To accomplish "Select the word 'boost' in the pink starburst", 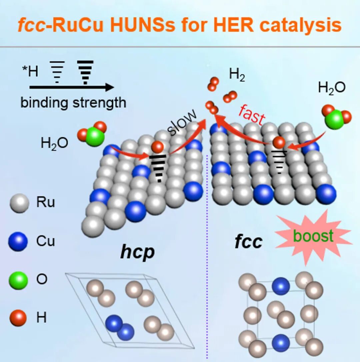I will coord(313,236).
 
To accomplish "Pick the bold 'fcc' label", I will coord(248,242).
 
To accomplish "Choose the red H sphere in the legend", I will coord(18,318).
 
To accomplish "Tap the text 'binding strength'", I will coord(73,103).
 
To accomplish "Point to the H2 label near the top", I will coord(237,75).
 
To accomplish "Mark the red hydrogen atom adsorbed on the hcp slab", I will coord(157,147).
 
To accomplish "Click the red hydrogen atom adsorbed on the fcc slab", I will coord(279,143).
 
